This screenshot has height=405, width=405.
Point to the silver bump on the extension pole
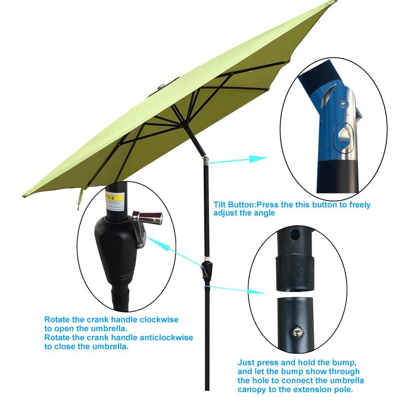[x=298, y=332]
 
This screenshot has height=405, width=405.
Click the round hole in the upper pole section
[x=296, y=235]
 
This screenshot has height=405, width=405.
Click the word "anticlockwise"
[x=168, y=338]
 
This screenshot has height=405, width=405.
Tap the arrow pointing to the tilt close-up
[x=238, y=160]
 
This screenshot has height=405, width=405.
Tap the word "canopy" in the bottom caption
[x=251, y=390]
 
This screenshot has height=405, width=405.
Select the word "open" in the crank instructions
[x=63, y=329]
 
